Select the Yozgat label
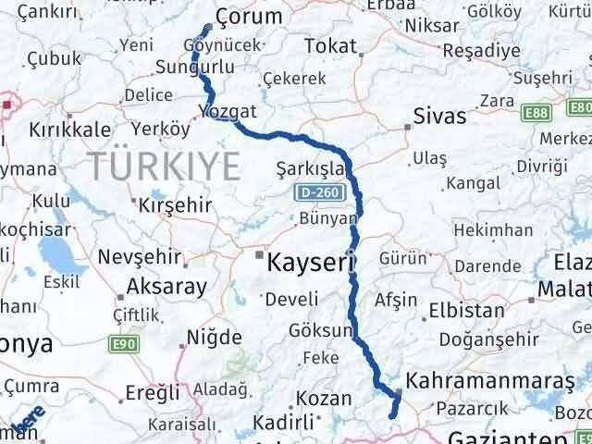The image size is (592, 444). (225, 110)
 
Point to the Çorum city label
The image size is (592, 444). (247, 16)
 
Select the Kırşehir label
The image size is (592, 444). (174, 204)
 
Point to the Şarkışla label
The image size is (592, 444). (310, 170)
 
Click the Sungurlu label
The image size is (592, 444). (191, 68)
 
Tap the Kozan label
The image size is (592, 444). (324, 400)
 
